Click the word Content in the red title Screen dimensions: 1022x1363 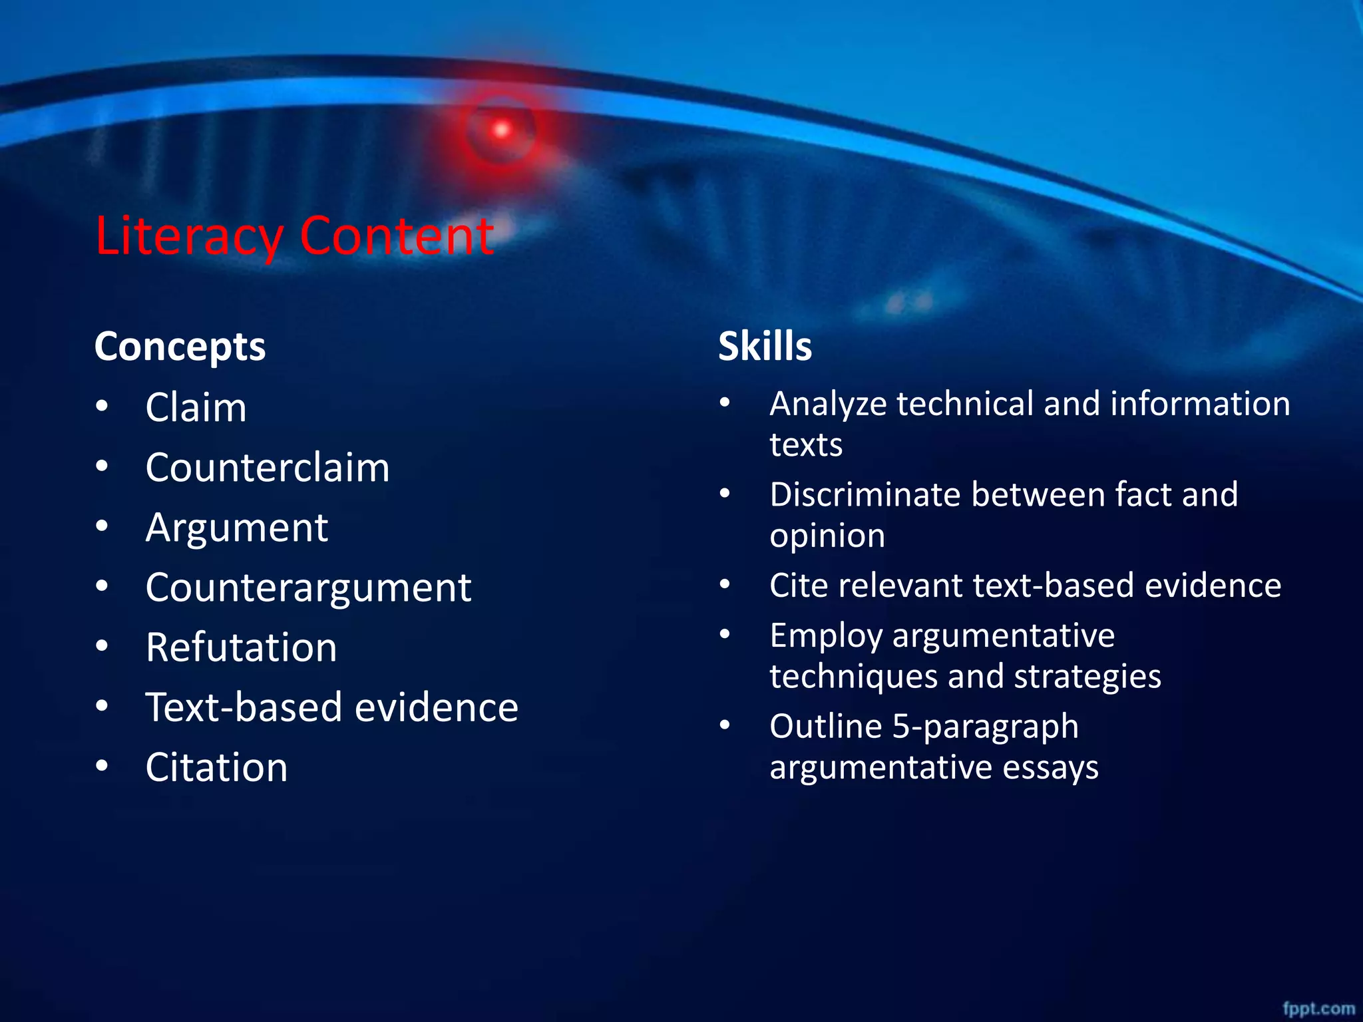tap(397, 236)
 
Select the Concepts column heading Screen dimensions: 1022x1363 tap(180, 347)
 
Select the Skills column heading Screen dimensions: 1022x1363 tap(765, 347)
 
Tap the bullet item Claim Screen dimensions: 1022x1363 tap(196, 407)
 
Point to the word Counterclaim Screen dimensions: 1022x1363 tap(268, 467)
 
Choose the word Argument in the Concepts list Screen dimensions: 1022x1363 tap(237, 528)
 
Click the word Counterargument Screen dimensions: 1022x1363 tap(308, 588)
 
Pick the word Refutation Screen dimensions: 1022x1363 tap(241, 647)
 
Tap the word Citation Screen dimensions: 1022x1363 tap(216, 767)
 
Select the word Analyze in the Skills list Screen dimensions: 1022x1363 tap(828, 405)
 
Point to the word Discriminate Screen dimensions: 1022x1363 tap(865, 495)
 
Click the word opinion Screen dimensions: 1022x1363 tap(827, 536)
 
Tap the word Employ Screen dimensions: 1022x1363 tap(826, 636)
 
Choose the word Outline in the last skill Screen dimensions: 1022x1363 tap(825, 726)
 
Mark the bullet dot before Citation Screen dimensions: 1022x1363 tap(102, 765)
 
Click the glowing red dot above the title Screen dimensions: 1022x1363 tap(501, 129)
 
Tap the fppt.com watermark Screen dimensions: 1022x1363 tap(1318, 1008)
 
